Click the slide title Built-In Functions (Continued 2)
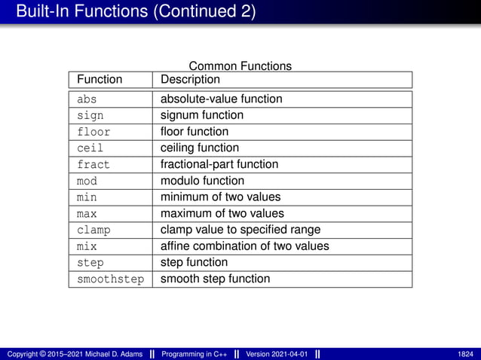tap(136, 12)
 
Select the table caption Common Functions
tap(240, 66)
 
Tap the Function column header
tap(100, 80)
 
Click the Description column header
tap(190, 80)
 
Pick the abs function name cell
tap(87, 99)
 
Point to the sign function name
tap(90, 115)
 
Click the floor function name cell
tap(93, 132)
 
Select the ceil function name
tap(90, 148)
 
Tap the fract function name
tap(93, 164)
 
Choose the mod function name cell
tap(87, 181)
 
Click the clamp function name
tap(93, 230)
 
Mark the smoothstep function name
tap(110, 279)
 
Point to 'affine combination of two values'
tap(245, 246)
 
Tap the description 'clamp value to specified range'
tap(240, 230)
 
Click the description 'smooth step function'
tap(215, 279)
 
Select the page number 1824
tap(465, 354)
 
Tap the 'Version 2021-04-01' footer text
tap(277, 354)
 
